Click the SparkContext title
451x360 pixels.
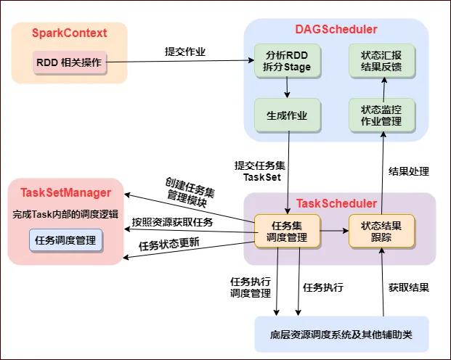click(70, 33)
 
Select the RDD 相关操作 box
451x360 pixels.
click(70, 62)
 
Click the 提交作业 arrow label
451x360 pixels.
click(185, 52)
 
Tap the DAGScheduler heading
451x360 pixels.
click(336, 30)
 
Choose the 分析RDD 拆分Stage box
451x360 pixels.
click(288, 61)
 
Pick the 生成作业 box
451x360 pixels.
click(288, 115)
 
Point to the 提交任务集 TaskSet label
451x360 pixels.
click(259, 171)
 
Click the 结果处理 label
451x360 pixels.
click(409, 172)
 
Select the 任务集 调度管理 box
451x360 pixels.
click(288, 231)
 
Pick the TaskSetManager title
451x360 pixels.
click(65, 192)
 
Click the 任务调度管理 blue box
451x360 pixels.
click(66, 240)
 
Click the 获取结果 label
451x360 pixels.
click(409, 287)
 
